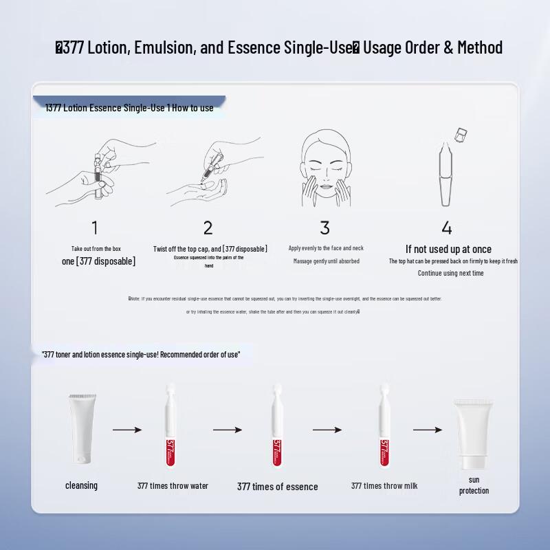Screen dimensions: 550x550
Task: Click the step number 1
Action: tap(95, 228)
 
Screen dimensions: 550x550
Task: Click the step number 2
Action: tap(208, 228)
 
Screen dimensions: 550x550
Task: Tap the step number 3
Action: tap(325, 228)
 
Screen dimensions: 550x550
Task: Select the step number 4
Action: tap(447, 228)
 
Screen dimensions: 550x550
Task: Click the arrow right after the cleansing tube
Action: tap(127, 430)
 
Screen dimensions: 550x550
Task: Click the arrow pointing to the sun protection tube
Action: tap(428, 430)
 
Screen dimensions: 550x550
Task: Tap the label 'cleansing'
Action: tap(81, 485)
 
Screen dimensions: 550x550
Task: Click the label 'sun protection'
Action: tap(474, 485)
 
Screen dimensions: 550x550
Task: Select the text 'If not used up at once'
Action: tap(448, 249)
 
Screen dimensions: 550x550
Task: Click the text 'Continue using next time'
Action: tap(450, 273)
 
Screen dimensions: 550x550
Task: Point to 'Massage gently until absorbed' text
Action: tap(326, 261)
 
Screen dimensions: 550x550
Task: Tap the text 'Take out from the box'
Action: tap(96, 249)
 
